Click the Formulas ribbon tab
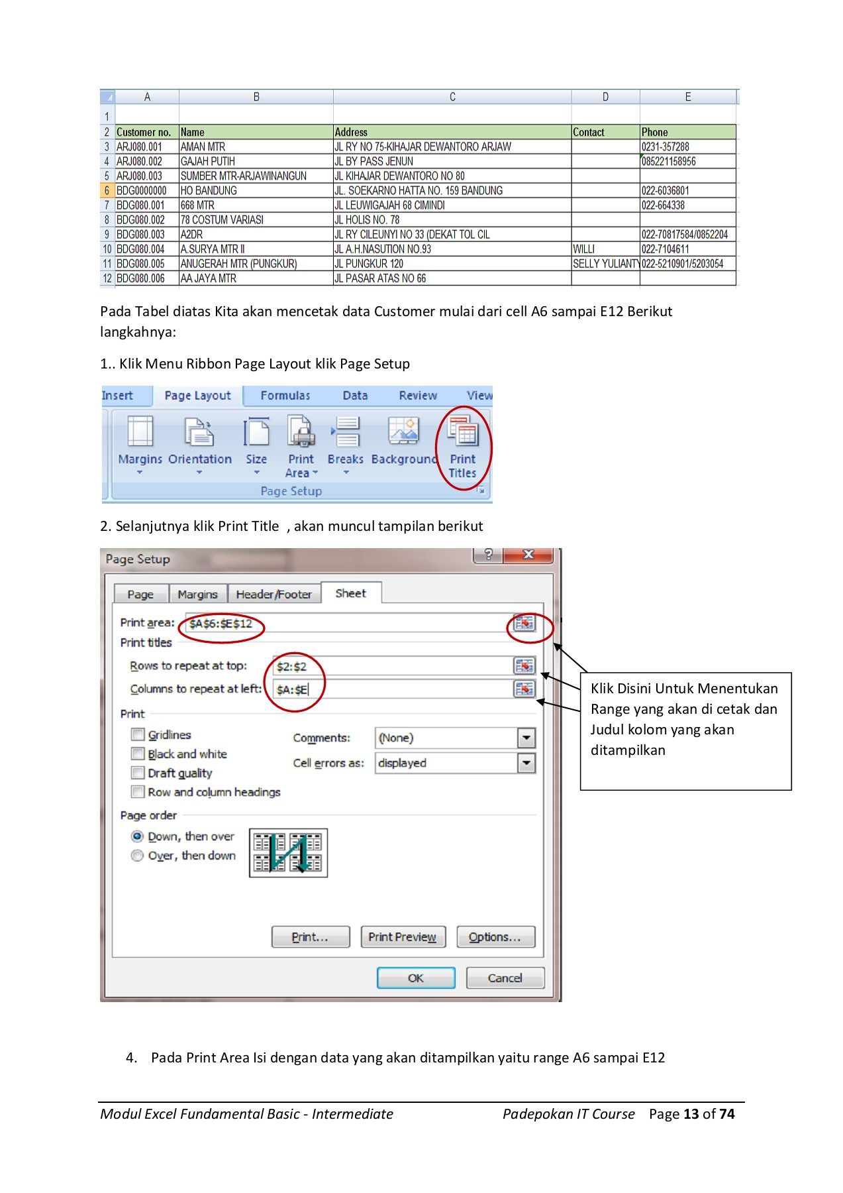point(285,396)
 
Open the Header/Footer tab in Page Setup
point(273,595)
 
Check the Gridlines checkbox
point(138,734)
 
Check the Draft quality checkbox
point(138,773)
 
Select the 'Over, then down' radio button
point(137,856)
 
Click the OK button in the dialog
point(416,978)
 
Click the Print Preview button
point(403,937)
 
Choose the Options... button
point(495,937)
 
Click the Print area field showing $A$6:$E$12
point(344,624)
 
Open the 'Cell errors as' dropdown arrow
point(526,764)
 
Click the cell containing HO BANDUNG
point(209,191)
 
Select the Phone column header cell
point(687,133)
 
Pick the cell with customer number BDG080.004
point(140,249)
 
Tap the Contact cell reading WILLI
point(584,249)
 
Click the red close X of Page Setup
point(528,555)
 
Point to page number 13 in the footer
point(691,1114)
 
